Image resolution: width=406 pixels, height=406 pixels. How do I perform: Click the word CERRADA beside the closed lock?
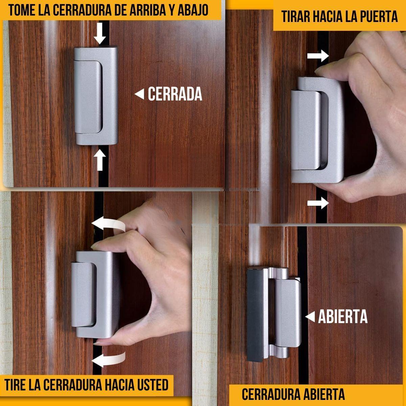(175, 94)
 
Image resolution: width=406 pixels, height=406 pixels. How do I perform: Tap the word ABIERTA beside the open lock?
(342, 317)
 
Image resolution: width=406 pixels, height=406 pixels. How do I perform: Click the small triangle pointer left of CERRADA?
(139, 94)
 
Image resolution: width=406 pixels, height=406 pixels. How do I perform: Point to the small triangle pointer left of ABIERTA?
(310, 317)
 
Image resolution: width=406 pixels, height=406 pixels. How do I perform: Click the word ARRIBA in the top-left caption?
(147, 10)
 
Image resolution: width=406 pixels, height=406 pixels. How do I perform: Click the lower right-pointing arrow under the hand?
(318, 203)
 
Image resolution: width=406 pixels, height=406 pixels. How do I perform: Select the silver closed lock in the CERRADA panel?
(96, 96)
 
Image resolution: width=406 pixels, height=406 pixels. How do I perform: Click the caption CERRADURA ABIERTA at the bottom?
(293, 394)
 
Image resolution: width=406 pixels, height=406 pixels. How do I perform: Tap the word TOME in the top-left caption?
(22, 10)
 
